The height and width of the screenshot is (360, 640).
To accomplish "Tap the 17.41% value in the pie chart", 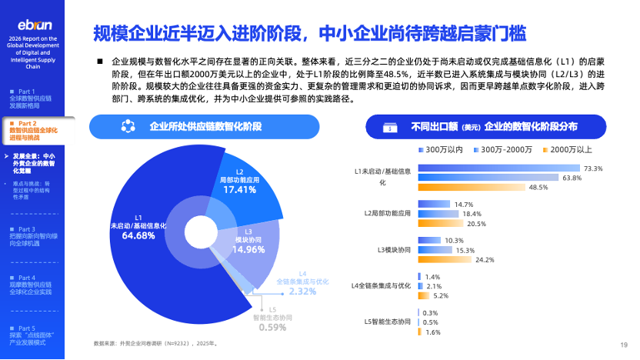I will (239, 188).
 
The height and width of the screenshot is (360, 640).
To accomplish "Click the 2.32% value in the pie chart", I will (302, 292).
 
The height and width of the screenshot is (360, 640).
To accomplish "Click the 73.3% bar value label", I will (593, 168).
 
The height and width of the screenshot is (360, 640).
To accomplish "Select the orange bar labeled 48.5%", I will (472, 187).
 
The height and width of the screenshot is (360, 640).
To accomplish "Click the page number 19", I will (624, 345).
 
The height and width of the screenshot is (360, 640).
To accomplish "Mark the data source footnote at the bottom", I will (155, 344).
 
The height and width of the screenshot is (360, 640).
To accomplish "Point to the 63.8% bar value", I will (572, 178).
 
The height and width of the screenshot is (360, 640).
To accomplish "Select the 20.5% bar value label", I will (476, 224).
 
